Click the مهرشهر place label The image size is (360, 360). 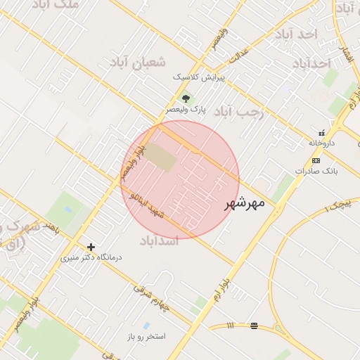[x=245, y=204]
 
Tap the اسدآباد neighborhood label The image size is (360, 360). [x=160, y=241]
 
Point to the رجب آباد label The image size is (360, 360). [x=238, y=111]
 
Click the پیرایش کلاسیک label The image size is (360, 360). [x=199, y=77]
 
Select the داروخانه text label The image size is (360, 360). [x=322, y=143]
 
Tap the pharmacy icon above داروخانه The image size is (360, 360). [x=322, y=132]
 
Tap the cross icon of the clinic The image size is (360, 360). [x=91, y=247]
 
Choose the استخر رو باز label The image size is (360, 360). [x=146, y=336]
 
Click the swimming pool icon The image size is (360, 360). [x=146, y=326]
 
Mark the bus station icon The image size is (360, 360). [x=254, y=326]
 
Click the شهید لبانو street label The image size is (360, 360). [x=147, y=204]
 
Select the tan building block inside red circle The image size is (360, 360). [x=162, y=157]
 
